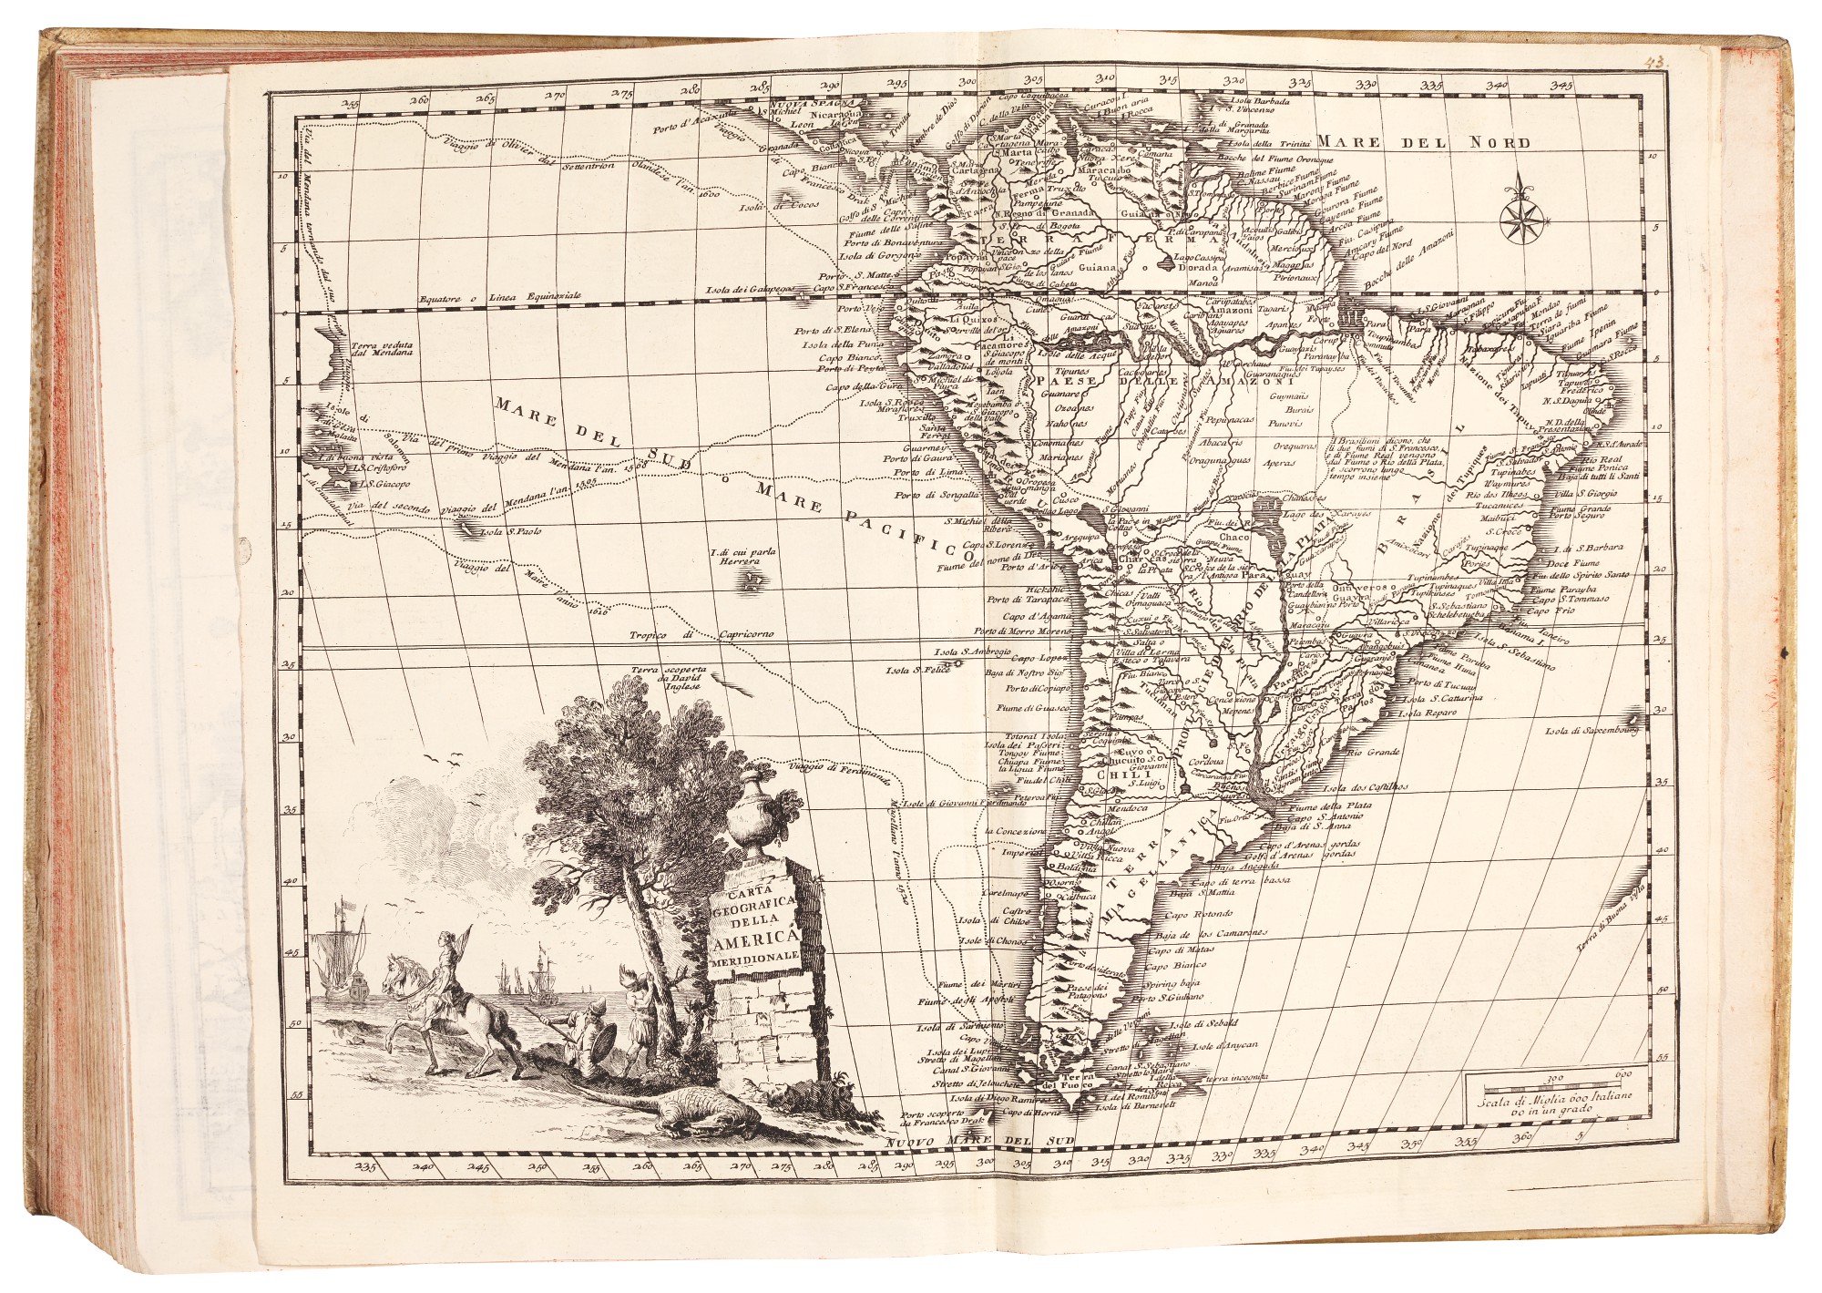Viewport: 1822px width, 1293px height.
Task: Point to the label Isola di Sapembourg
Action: [x=1596, y=731]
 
